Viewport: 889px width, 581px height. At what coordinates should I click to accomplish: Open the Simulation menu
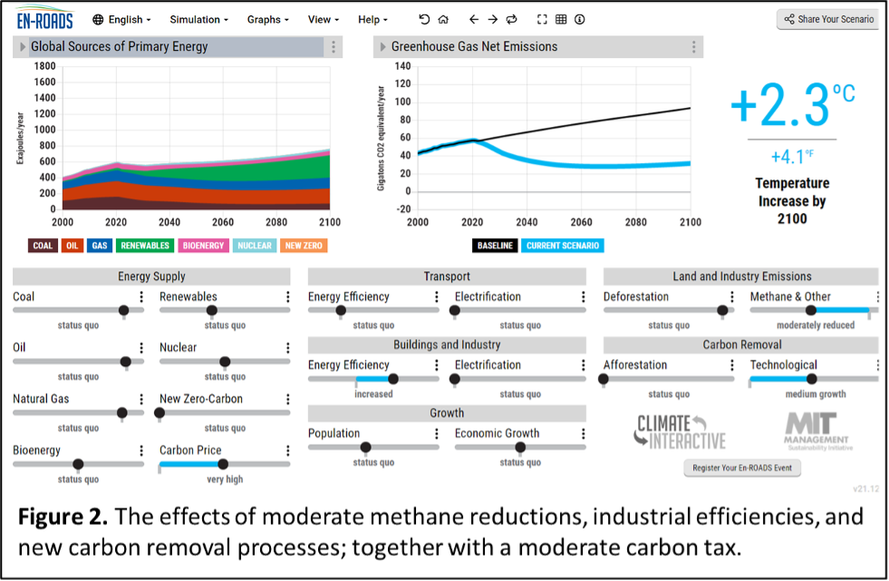click(198, 19)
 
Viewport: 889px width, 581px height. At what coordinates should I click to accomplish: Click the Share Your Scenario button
click(829, 19)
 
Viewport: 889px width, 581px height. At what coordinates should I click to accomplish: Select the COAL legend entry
click(43, 246)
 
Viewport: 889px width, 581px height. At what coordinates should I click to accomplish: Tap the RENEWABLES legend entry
click(145, 246)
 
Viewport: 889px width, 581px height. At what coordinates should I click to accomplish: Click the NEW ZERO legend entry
click(303, 246)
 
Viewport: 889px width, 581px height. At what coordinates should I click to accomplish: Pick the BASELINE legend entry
click(495, 246)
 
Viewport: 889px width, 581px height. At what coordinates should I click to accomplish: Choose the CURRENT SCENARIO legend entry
click(562, 246)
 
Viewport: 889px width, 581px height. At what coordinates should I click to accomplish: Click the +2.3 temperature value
click(780, 106)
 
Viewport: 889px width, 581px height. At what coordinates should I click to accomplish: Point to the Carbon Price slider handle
click(224, 464)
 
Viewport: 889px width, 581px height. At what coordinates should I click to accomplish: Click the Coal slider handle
click(124, 310)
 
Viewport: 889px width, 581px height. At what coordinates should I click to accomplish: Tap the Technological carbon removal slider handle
click(812, 379)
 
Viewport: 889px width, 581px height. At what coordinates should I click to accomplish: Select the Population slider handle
click(365, 447)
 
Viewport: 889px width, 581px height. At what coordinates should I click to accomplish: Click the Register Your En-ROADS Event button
click(741, 469)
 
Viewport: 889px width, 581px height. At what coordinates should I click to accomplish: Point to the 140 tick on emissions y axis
click(402, 66)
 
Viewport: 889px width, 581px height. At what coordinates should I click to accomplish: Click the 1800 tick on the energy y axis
click(43, 66)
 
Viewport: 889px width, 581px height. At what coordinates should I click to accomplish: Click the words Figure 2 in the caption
click(60, 518)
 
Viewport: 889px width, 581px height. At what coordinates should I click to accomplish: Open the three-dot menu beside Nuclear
click(287, 348)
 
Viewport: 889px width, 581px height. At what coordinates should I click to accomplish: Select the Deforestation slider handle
click(722, 310)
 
